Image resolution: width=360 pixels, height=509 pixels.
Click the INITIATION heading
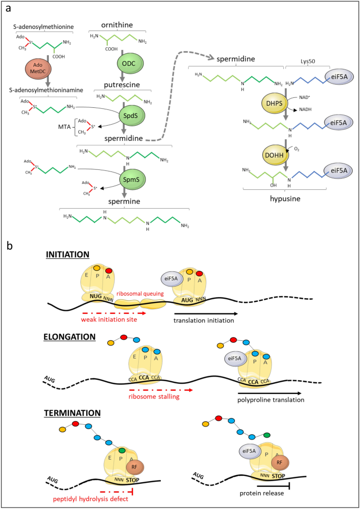(68, 254)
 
